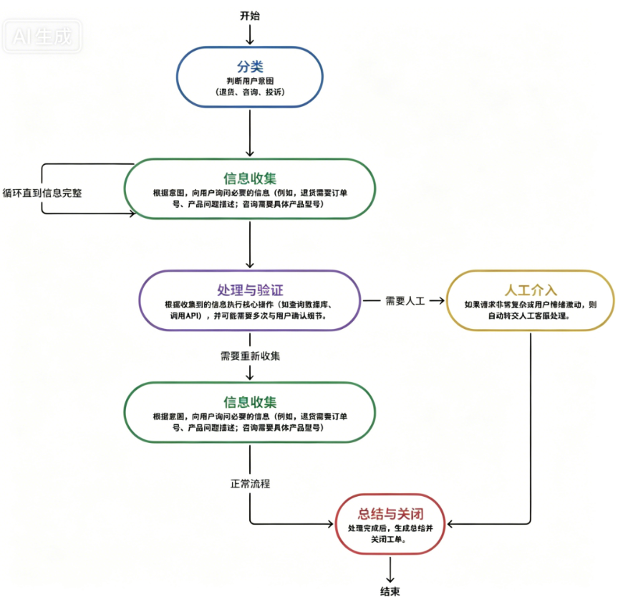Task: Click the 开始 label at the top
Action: [x=250, y=15]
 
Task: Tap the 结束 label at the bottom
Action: [x=390, y=591]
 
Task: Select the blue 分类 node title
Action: [x=250, y=67]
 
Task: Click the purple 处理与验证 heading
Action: [x=250, y=290]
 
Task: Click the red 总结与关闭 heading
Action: [x=390, y=513]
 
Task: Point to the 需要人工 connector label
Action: [x=405, y=301]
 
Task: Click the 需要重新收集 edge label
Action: [x=250, y=356]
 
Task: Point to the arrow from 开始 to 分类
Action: [x=250, y=34]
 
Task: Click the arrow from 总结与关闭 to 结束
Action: [x=390, y=570]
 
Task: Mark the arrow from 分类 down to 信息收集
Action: [x=250, y=133]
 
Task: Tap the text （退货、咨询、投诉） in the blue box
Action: [x=250, y=93]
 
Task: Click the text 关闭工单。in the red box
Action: [x=390, y=540]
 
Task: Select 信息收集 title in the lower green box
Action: [x=250, y=401]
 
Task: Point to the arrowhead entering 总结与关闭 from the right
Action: [x=449, y=523]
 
